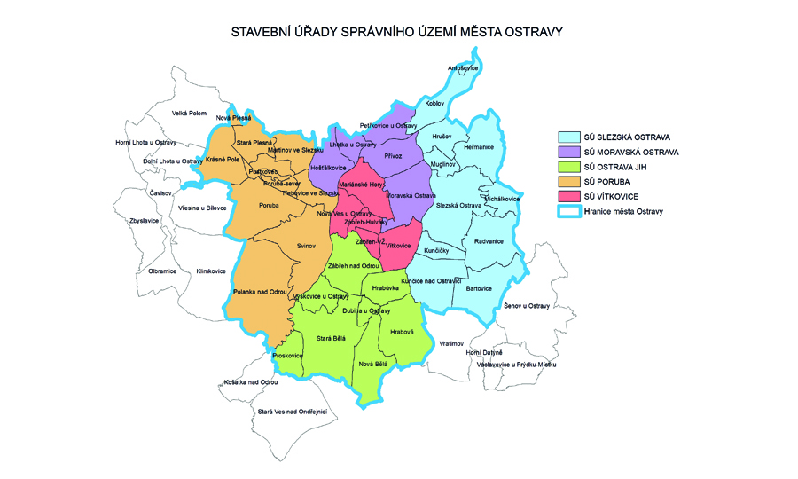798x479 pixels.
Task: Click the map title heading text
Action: (x=397, y=31)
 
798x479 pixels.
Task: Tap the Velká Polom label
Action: (x=189, y=113)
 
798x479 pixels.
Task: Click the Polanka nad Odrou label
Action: (x=259, y=292)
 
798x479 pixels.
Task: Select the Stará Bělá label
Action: (x=332, y=337)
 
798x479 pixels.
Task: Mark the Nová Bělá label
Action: (x=373, y=364)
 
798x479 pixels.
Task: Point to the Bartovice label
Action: (x=479, y=288)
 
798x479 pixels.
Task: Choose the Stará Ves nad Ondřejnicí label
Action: (x=293, y=412)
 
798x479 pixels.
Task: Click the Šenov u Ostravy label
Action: (x=527, y=306)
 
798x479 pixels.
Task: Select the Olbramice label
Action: (x=162, y=271)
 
